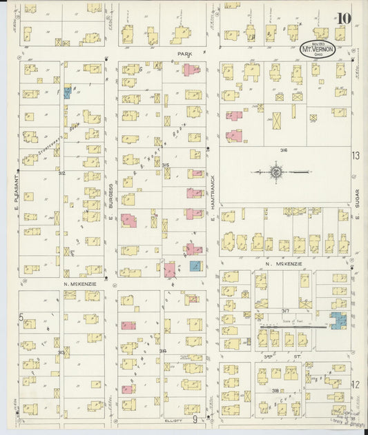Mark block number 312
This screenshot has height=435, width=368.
(62, 173)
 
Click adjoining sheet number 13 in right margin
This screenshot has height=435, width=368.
(356, 156)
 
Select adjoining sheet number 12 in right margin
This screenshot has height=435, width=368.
(356, 384)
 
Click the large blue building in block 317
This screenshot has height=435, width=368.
(338, 320)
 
